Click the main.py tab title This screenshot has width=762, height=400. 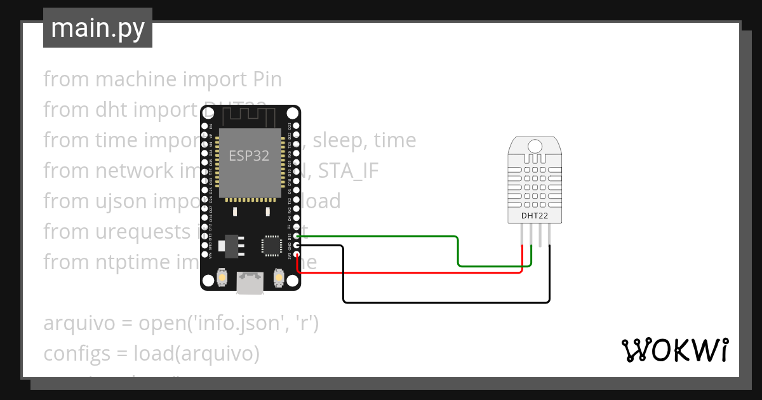(97, 28)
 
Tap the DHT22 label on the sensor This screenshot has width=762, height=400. (534, 216)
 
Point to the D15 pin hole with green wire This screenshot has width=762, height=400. (296, 236)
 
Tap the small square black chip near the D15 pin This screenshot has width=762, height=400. (271, 245)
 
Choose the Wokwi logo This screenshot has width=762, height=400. (674, 350)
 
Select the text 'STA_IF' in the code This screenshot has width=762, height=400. (348, 171)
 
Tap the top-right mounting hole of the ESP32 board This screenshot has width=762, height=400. (292, 113)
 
